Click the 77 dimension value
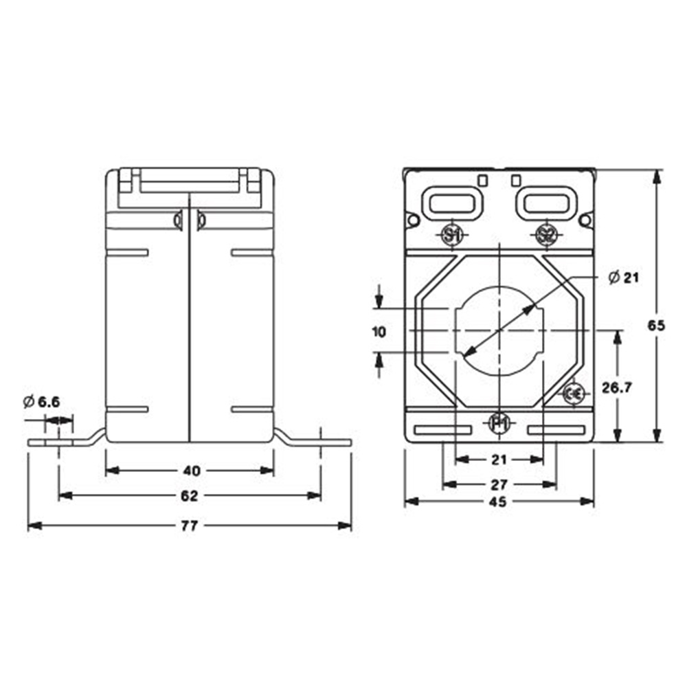click(190, 526)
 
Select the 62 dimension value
click(190, 496)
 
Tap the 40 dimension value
click(192, 471)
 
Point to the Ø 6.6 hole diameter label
click(42, 402)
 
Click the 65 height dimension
click(657, 326)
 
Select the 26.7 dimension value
click(616, 387)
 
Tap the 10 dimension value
click(378, 332)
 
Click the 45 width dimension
click(499, 502)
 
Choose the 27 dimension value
click(499, 484)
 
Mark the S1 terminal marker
click(451, 236)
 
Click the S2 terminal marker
click(545, 236)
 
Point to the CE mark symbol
click(574, 394)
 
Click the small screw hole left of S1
click(413, 220)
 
